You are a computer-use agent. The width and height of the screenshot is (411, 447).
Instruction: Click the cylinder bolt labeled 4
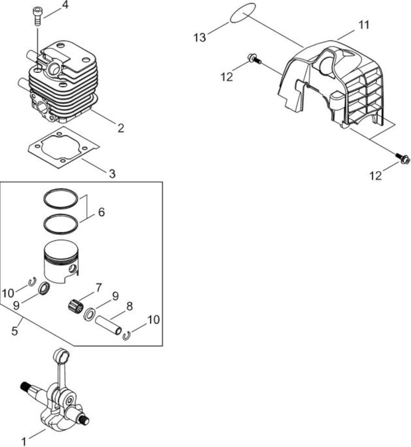click(37, 17)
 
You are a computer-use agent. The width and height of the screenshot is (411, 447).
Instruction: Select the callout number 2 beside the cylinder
click(121, 128)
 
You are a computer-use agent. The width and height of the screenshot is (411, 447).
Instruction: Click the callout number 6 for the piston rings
click(101, 212)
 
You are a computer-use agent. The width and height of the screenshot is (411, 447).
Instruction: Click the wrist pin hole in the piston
click(73, 268)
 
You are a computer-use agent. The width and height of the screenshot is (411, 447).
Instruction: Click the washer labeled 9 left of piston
click(44, 289)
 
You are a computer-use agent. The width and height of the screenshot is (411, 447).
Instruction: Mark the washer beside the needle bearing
click(90, 313)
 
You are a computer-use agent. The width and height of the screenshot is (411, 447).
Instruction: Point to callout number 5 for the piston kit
click(15, 331)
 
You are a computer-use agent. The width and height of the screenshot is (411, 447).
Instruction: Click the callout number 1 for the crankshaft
click(24, 442)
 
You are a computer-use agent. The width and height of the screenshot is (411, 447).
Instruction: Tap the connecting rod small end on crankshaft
click(62, 355)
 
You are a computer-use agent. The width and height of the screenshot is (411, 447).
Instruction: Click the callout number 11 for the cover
click(363, 25)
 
